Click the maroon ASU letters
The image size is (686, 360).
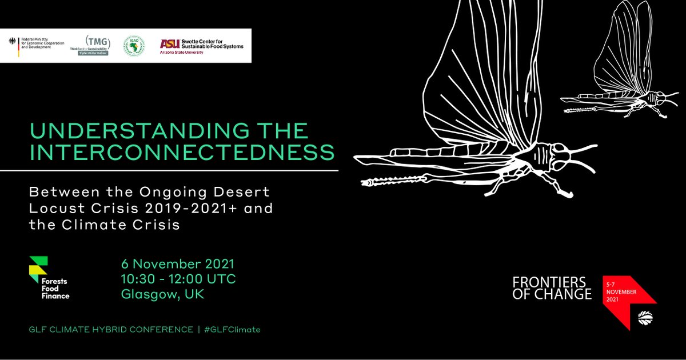point(169,43)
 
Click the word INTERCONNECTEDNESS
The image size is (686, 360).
point(182,153)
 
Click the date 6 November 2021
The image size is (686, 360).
point(178,265)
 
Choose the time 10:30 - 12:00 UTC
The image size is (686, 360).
point(178,280)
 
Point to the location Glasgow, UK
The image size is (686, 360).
point(162,295)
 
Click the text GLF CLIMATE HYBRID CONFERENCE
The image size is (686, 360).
point(111,330)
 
